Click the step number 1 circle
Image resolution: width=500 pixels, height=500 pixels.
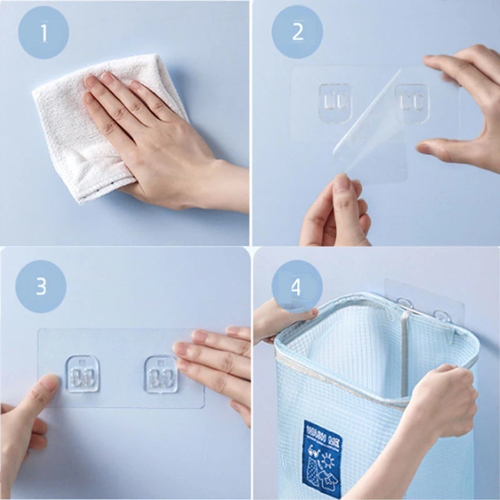[x=43, y=33]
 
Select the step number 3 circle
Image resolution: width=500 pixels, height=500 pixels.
[x=41, y=286]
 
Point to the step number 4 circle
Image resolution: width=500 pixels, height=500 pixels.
[x=296, y=287]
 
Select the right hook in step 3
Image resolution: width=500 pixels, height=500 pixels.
[x=161, y=374]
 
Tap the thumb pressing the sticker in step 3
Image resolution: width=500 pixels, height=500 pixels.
[x=37, y=394]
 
